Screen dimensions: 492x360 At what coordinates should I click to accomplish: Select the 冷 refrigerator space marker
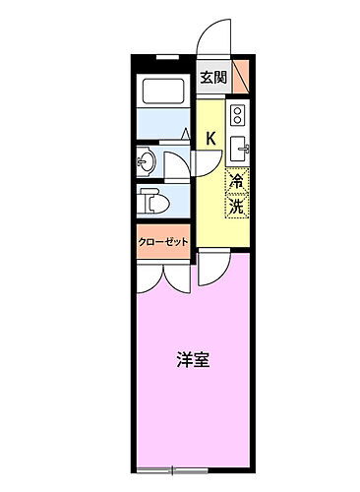pyautogui.click(x=237, y=182)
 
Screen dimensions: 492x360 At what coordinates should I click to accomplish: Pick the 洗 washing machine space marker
pyautogui.click(x=237, y=207)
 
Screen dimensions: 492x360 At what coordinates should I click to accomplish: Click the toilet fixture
pyautogui.click(x=153, y=201)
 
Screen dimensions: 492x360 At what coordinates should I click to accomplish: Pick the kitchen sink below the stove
pyautogui.click(x=239, y=151)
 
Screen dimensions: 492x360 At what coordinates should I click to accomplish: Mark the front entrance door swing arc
pyautogui.click(x=212, y=39)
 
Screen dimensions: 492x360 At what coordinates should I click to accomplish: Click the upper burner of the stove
pyautogui.click(x=239, y=111)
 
